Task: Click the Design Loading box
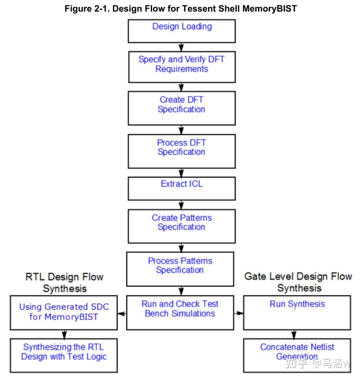coord(181,31)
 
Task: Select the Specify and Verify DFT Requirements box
coord(181,65)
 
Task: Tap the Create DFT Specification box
coord(181,108)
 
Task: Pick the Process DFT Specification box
coord(181,151)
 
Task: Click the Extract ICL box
coord(181,188)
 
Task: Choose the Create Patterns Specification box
coord(181,226)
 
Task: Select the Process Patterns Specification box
coord(180,269)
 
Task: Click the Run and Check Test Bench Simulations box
coord(180,312)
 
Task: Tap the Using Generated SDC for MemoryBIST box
coord(63,312)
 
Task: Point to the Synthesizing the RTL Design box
coord(63,355)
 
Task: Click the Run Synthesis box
coord(297,312)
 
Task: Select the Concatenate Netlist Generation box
coord(297,355)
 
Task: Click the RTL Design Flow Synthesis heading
coord(64,283)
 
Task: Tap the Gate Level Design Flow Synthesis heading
coord(298,282)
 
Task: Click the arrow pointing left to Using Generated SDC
coord(122,313)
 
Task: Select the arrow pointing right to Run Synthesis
coord(239,313)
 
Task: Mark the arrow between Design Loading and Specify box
coord(181,47)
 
